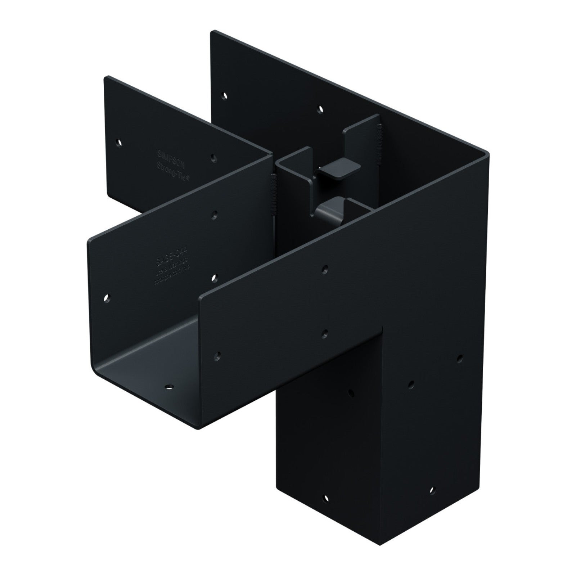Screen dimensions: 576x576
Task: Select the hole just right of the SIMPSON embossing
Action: pyautogui.click(x=214, y=157)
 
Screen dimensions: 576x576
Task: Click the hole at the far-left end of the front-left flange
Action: pyautogui.click(x=107, y=298)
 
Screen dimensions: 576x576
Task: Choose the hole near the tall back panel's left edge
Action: pyautogui.click(x=225, y=96)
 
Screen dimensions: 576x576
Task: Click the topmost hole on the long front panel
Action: pyautogui.click(x=325, y=268)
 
